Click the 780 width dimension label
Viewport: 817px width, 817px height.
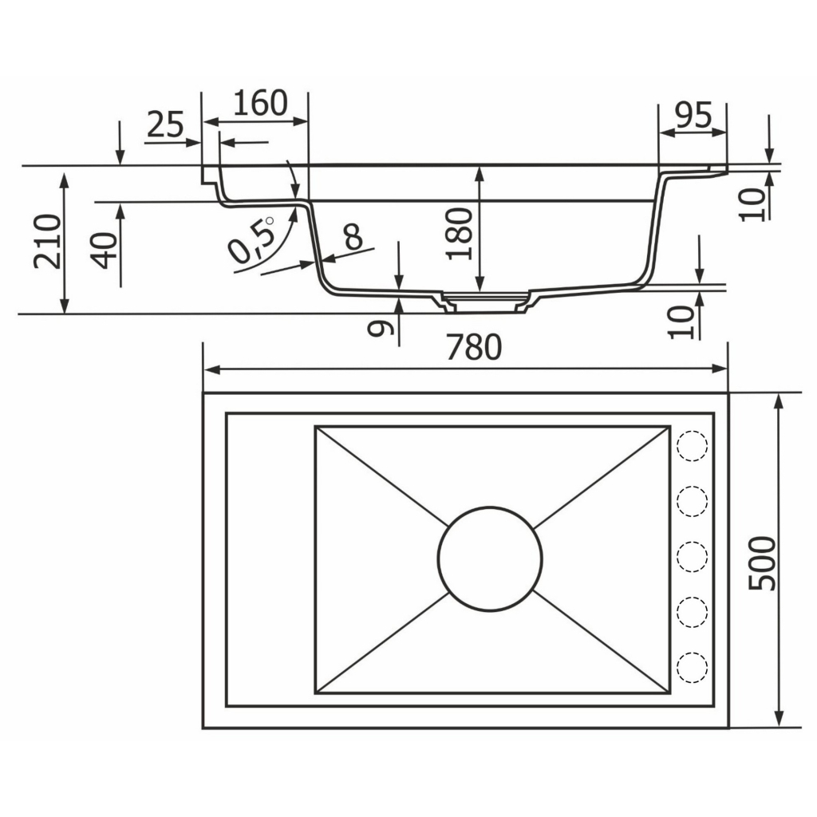[474, 348]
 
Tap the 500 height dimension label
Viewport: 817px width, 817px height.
[762, 563]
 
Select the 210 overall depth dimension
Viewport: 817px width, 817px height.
[47, 241]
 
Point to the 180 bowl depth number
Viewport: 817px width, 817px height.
[459, 234]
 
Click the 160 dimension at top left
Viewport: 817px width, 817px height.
[260, 103]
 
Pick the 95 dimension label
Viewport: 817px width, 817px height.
[693, 115]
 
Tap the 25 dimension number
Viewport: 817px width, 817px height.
[166, 124]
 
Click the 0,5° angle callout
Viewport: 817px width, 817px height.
[251, 239]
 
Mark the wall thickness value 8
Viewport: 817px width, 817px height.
[353, 237]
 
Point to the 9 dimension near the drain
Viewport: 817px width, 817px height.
[380, 328]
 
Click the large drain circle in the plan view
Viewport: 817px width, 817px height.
[490, 559]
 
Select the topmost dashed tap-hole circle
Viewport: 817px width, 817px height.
[692, 446]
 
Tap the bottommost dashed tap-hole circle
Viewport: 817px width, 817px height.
[692, 666]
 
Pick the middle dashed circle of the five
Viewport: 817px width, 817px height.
[692, 556]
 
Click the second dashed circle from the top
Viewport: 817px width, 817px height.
[692, 501]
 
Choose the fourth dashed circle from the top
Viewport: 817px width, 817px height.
[692, 612]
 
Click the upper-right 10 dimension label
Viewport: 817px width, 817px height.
[754, 204]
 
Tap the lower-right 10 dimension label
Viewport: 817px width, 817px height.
[681, 322]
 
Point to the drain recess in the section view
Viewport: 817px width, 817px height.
[486, 302]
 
